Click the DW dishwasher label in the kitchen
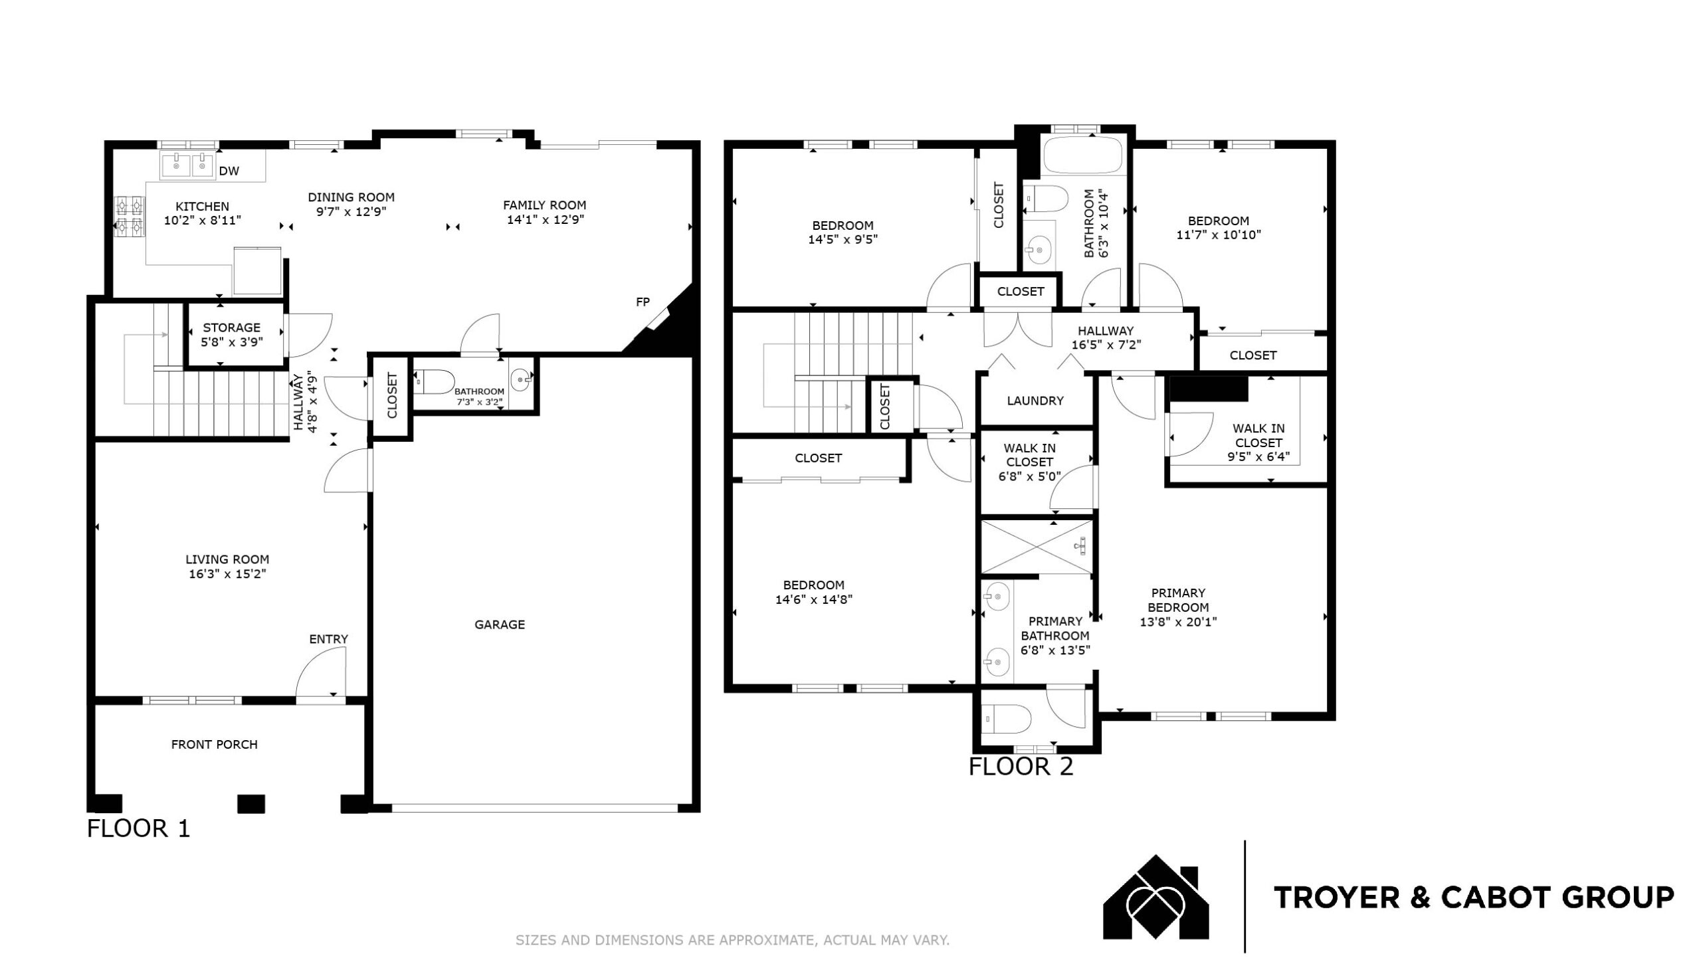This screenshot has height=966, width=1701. click(x=229, y=171)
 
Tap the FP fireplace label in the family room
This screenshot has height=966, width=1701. click(x=643, y=302)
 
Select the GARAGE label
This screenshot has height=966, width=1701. click(x=500, y=625)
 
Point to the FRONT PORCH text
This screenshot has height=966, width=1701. click(x=215, y=745)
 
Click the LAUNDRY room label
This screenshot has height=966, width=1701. click(x=1035, y=401)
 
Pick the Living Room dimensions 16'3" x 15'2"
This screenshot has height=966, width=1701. click(x=227, y=574)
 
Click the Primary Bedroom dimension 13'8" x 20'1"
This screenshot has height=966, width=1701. click(x=1178, y=623)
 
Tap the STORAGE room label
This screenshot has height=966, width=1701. click(x=232, y=328)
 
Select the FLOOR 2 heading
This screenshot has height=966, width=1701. click(x=1021, y=767)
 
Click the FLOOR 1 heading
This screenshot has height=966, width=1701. click(x=139, y=828)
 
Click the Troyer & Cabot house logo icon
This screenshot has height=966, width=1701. click(x=1156, y=897)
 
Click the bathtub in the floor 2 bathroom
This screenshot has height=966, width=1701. click(x=1082, y=155)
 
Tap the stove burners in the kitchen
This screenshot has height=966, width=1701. click(x=130, y=216)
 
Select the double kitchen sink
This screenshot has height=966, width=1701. click(x=188, y=165)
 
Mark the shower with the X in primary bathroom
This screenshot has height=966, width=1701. click(x=1037, y=547)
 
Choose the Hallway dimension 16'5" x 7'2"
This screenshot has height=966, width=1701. click(x=1106, y=345)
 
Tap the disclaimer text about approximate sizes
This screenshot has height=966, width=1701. click(x=732, y=940)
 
